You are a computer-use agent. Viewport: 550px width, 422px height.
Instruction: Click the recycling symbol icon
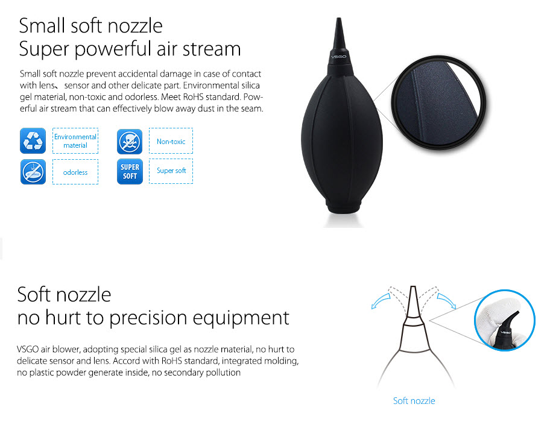(33, 141)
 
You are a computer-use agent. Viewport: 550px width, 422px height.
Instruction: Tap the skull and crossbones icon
(130, 142)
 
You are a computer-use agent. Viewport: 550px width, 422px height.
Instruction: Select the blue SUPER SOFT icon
(130, 171)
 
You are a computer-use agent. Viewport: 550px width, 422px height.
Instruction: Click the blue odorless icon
(33, 172)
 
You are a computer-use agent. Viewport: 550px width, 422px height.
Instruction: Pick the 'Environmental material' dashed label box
(75, 141)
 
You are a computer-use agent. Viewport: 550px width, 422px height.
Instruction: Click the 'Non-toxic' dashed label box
(171, 141)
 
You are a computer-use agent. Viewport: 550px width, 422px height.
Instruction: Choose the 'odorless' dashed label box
(75, 172)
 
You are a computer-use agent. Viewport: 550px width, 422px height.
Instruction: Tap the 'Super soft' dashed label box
(171, 171)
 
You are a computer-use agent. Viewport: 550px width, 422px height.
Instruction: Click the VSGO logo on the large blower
(338, 57)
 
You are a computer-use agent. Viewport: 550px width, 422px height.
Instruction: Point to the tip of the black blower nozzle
(339, 18)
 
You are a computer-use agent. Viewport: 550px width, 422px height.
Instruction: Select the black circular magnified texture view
(439, 102)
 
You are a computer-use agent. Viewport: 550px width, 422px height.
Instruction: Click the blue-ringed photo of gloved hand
(504, 320)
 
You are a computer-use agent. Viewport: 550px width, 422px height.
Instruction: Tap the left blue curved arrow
(379, 301)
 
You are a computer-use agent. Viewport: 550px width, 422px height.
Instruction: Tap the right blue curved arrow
(447, 301)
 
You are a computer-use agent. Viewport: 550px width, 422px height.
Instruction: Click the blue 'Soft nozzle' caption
(414, 401)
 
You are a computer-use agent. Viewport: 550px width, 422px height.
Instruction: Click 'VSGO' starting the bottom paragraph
(27, 350)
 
